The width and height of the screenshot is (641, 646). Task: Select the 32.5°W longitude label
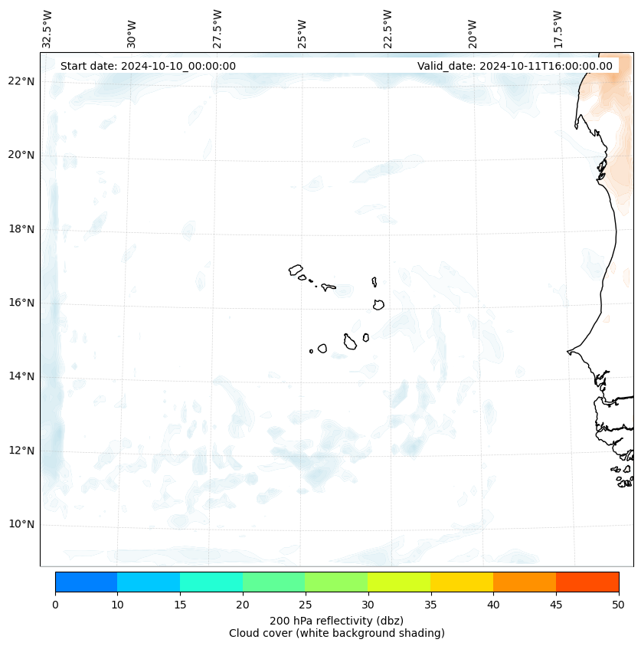pyautogui.click(x=47, y=28)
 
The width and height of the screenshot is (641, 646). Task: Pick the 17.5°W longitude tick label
pyautogui.click(x=558, y=28)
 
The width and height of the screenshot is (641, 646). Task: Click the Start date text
pyautogui.click(x=148, y=66)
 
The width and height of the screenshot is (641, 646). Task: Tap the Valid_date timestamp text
pyautogui.click(x=515, y=66)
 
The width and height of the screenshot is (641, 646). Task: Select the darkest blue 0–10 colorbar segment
pyautogui.click(x=86, y=582)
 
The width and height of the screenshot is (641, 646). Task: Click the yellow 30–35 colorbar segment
pyautogui.click(x=398, y=582)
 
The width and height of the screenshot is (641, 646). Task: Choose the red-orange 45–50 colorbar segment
pyautogui.click(x=587, y=582)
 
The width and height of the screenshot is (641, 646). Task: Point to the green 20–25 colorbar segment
pyautogui.click(x=273, y=582)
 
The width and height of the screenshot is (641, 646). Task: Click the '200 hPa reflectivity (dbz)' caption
pyautogui.click(x=336, y=620)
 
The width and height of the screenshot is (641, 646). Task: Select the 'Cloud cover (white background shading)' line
pyautogui.click(x=336, y=633)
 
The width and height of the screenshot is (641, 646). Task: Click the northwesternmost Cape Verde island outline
pyautogui.click(x=296, y=270)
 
